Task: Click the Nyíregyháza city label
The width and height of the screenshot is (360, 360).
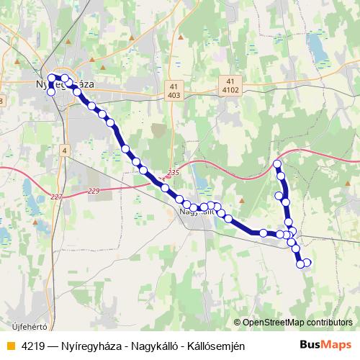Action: pyautogui.click(x=65, y=85)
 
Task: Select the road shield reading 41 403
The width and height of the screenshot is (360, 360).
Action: pyautogui.click(x=174, y=90)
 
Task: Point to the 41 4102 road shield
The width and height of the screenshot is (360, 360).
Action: pyautogui.click(x=230, y=86)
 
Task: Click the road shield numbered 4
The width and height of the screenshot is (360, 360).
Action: pyautogui.click(x=64, y=150)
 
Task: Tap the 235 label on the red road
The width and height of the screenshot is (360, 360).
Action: pyautogui.click(x=173, y=173)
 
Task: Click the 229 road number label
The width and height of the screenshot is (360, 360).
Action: pyautogui.click(x=93, y=190)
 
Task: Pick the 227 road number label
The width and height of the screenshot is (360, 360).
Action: pyautogui.click(x=58, y=197)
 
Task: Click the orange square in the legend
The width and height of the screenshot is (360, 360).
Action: pyautogui.click(x=9, y=346)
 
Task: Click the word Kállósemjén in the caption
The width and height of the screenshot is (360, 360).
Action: pyautogui.click(x=216, y=346)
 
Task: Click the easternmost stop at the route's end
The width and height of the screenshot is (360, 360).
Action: pyautogui.click(x=307, y=263)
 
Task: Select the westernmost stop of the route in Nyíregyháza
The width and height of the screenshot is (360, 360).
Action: pyautogui.click(x=50, y=78)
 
